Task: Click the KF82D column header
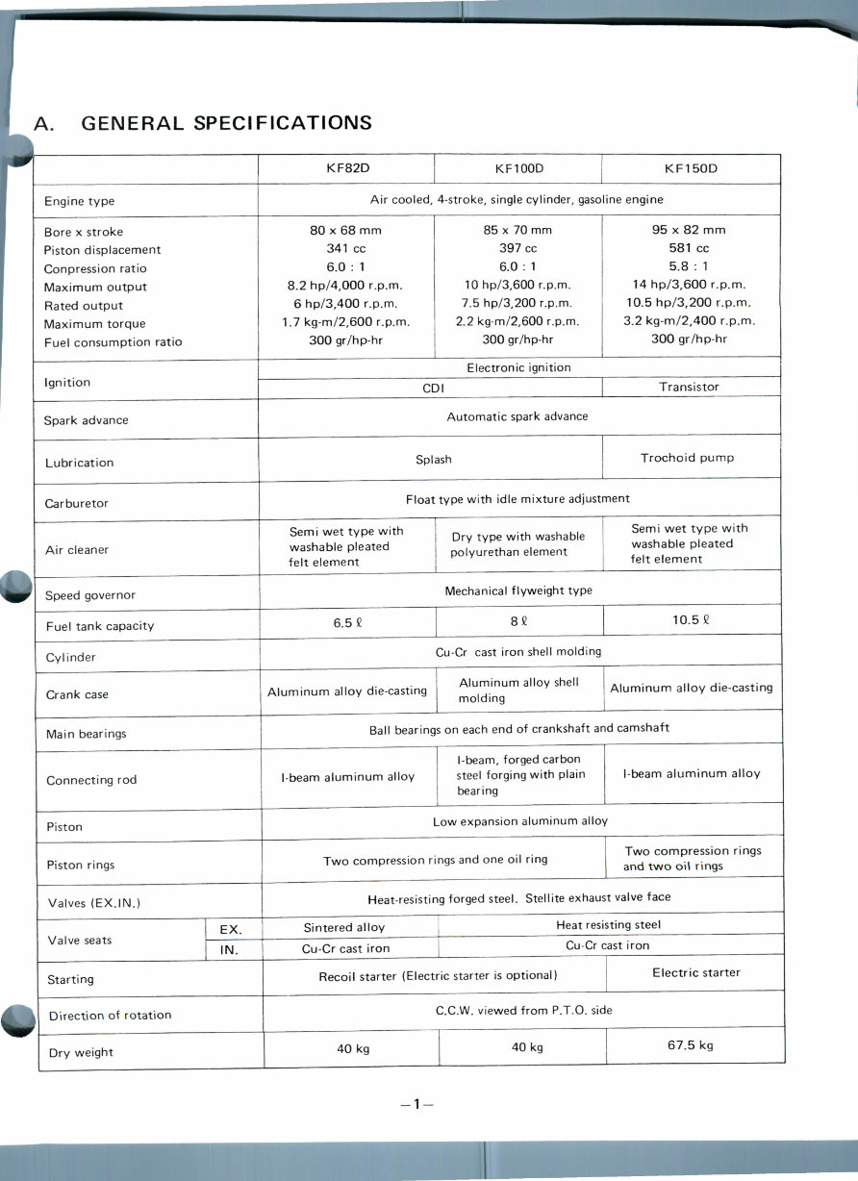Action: click(x=347, y=168)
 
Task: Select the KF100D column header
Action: click(x=519, y=169)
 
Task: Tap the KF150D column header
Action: click(x=691, y=169)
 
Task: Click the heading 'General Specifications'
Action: click(x=203, y=123)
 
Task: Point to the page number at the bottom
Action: click(x=417, y=1105)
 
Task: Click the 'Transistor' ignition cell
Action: click(x=689, y=387)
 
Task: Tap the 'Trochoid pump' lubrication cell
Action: click(x=687, y=458)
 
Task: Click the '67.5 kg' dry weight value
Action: click(x=691, y=1045)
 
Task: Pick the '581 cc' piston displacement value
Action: click(x=690, y=248)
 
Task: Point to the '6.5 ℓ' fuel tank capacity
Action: click(x=347, y=622)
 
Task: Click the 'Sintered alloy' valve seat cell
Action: click(x=343, y=928)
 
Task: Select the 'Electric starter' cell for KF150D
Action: click(x=696, y=972)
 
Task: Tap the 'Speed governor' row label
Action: click(x=90, y=595)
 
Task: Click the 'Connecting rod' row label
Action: click(x=91, y=780)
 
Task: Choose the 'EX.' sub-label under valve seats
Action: click(x=231, y=930)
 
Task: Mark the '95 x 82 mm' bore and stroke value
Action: click(x=689, y=230)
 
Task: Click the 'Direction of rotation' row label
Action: click(x=110, y=1016)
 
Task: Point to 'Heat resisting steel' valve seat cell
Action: click(x=609, y=925)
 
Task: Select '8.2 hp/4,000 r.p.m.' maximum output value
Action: click(x=345, y=286)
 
